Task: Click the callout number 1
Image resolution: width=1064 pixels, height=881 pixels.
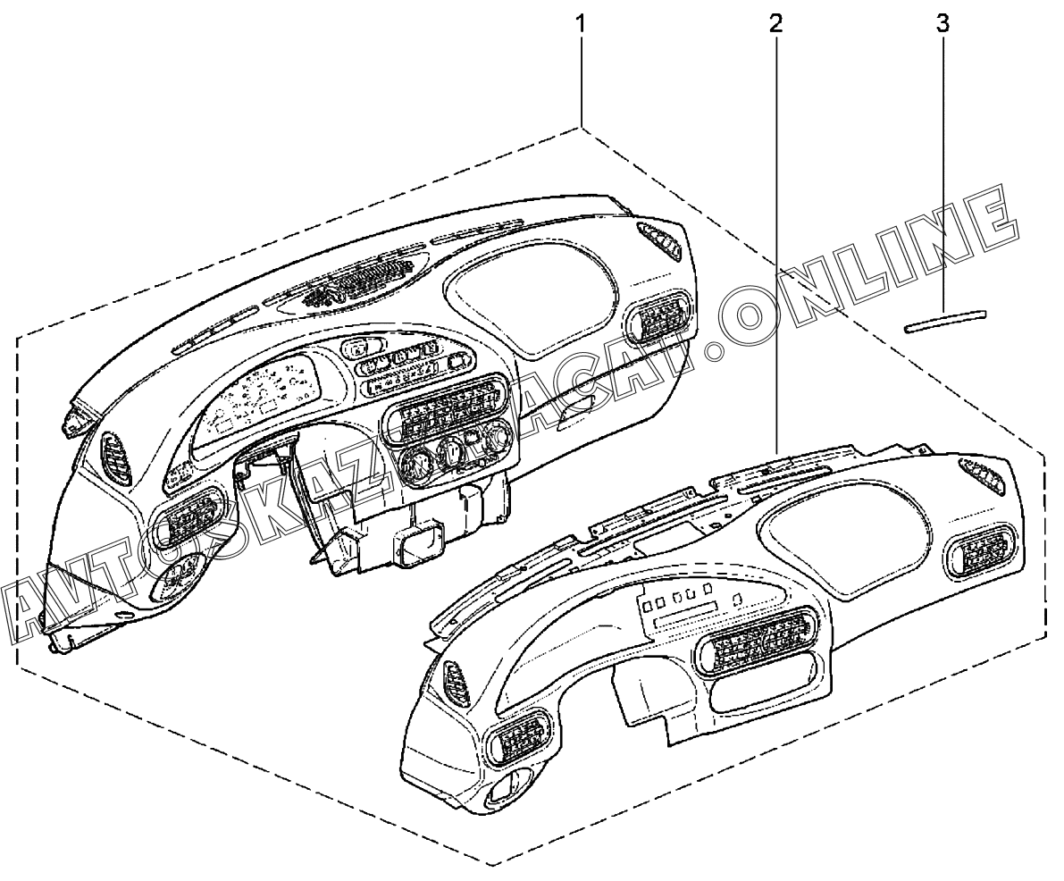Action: [x=581, y=21]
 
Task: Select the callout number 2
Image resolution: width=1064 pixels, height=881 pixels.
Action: [x=775, y=21]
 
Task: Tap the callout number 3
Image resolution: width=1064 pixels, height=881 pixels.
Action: [x=942, y=21]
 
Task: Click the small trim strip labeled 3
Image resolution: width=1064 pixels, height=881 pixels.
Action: [x=946, y=320]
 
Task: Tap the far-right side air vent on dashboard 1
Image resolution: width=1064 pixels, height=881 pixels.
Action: [x=659, y=316]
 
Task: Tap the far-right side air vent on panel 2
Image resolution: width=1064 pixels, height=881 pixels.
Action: [x=980, y=554]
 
